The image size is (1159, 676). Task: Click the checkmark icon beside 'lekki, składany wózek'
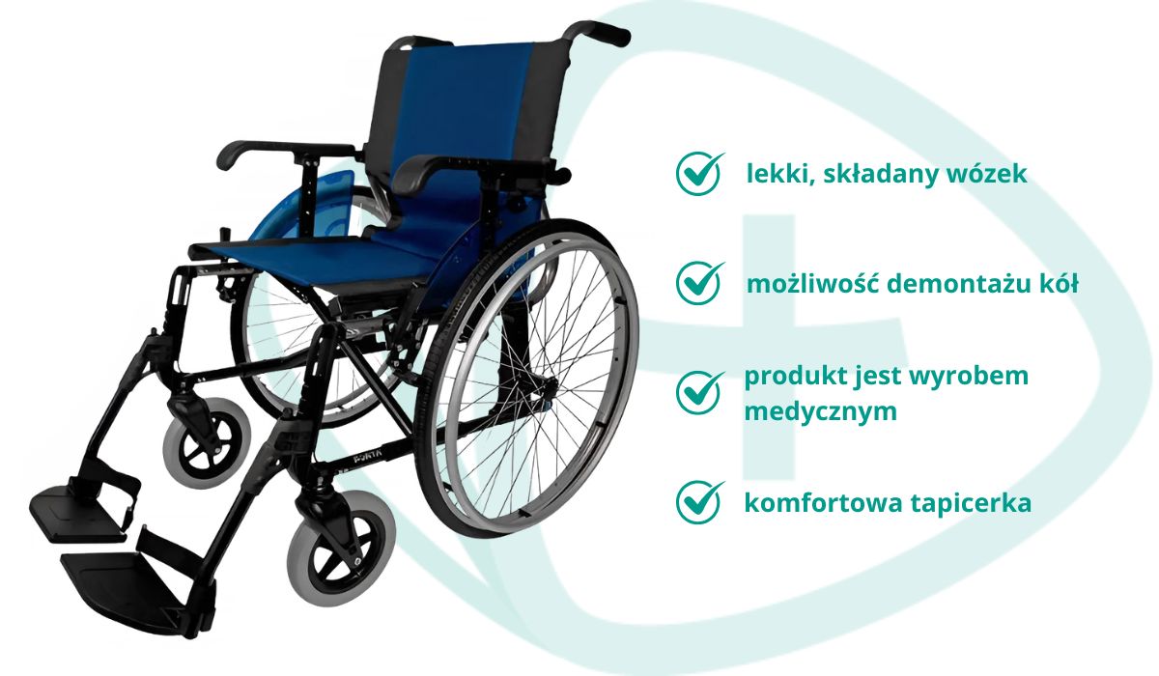[x=698, y=173]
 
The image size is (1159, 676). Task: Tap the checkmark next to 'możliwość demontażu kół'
[x=698, y=282]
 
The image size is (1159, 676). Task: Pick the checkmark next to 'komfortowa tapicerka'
[x=698, y=502]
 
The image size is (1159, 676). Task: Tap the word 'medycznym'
[x=821, y=412]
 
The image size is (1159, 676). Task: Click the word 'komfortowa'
[x=819, y=503]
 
